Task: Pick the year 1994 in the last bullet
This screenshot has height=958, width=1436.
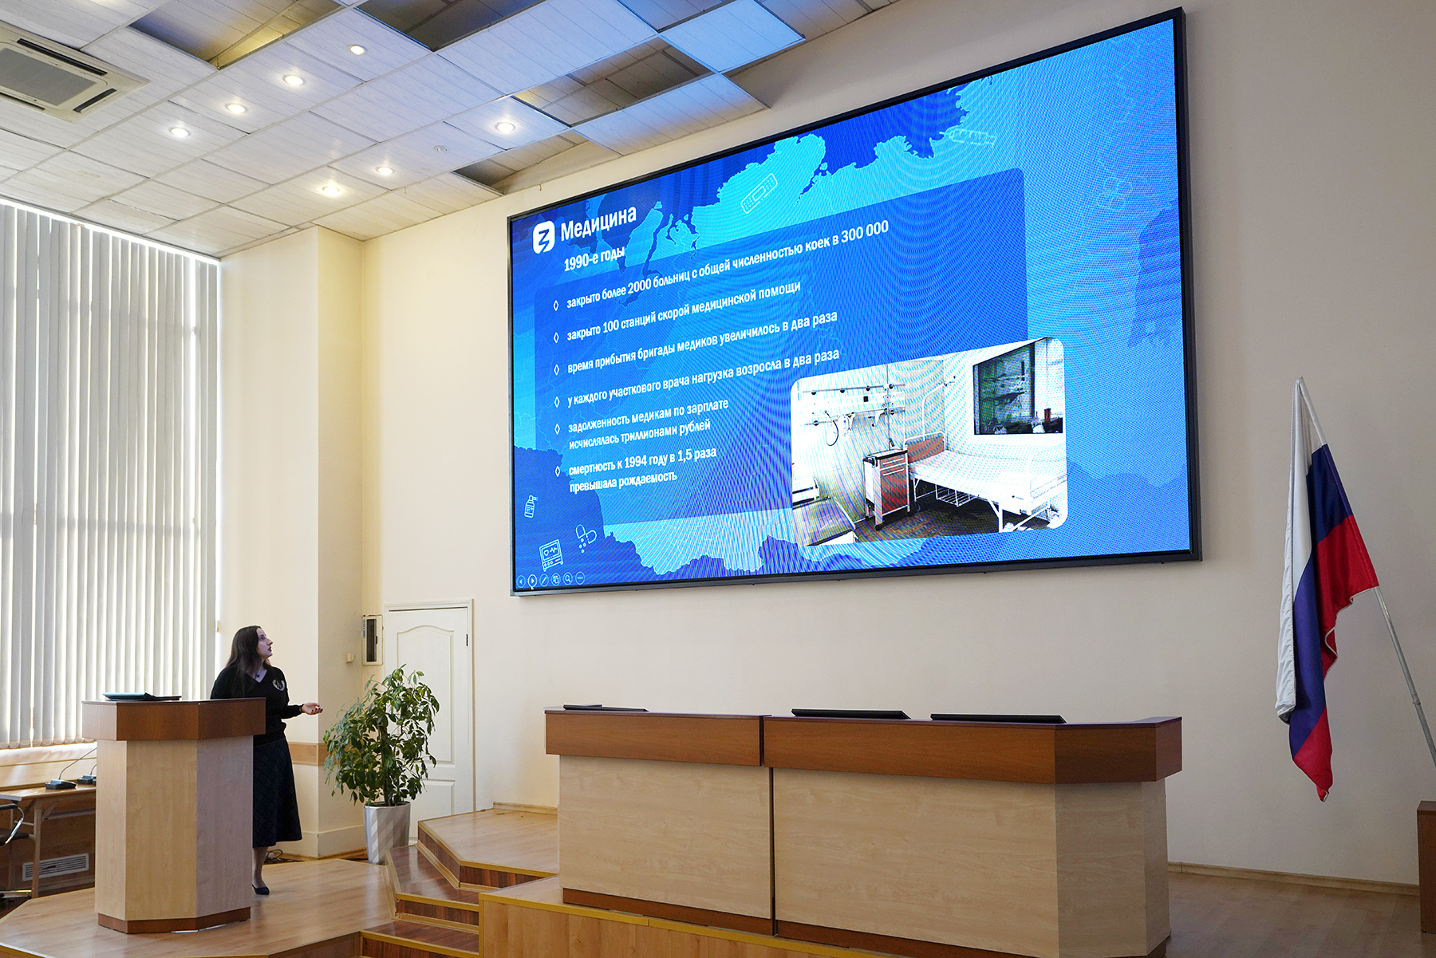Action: pos(635,461)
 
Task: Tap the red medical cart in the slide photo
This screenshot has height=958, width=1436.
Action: pos(887,486)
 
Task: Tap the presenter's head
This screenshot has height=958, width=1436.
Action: pos(254,645)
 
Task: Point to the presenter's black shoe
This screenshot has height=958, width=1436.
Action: pos(260,889)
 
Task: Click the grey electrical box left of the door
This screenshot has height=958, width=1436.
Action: pos(371,639)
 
